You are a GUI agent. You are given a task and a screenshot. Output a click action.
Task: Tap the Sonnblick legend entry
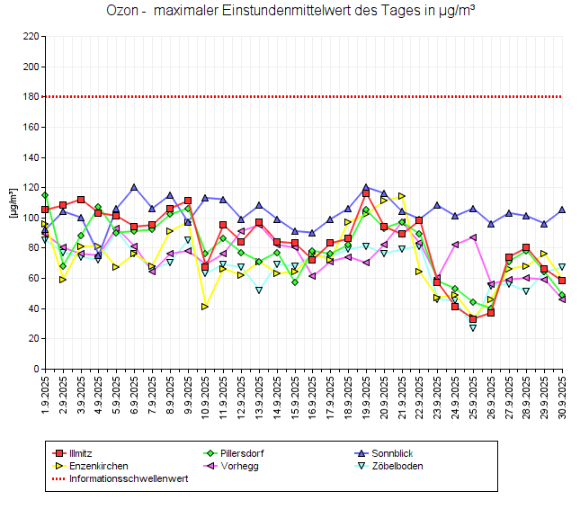(x=388, y=452)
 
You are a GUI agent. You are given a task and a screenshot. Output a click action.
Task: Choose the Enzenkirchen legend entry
(x=98, y=466)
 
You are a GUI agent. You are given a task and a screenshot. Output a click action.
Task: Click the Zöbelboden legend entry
(x=392, y=466)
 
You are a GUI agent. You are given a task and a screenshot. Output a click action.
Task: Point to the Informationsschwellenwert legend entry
(x=128, y=478)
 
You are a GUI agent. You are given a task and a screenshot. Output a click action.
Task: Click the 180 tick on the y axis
(x=30, y=96)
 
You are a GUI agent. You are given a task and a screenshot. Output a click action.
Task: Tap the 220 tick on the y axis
(x=30, y=36)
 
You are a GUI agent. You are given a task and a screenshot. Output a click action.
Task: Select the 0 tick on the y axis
(x=35, y=369)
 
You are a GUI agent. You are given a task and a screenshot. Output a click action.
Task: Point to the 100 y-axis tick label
(x=30, y=218)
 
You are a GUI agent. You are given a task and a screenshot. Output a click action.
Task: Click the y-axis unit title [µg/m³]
(x=13, y=202)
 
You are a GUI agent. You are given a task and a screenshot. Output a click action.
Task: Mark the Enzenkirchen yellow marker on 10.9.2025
(x=205, y=307)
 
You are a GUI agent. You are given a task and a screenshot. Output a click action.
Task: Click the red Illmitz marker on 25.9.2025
(x=473, y=319)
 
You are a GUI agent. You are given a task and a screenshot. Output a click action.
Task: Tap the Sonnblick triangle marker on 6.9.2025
(x=134, y=187)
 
